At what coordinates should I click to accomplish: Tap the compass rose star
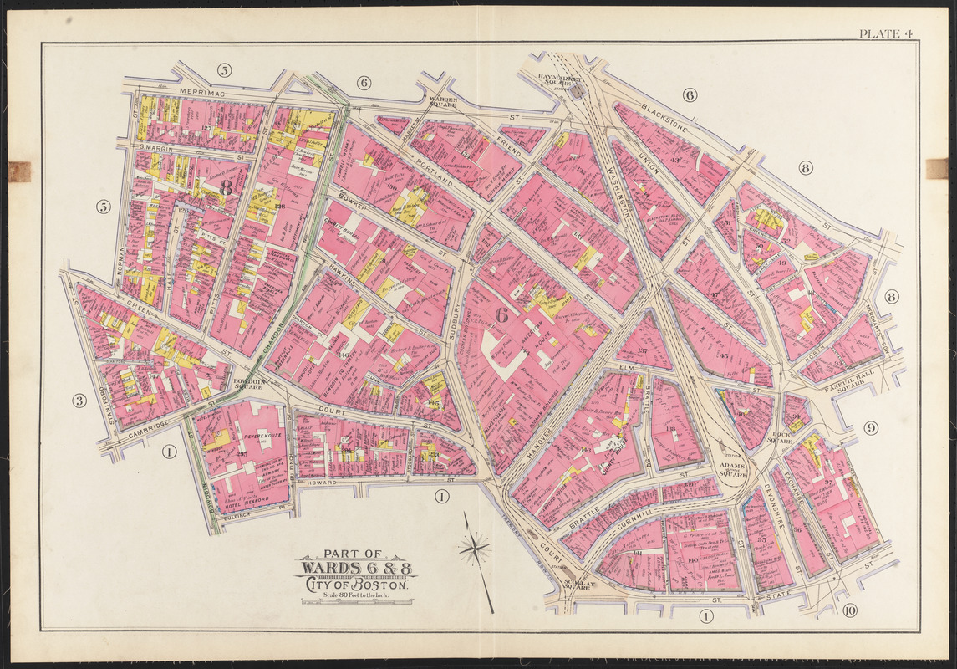pos(474,549)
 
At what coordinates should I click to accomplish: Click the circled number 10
pos(849,611)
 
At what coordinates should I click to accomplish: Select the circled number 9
pos(871,429)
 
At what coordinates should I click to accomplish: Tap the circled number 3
pos(79,401)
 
